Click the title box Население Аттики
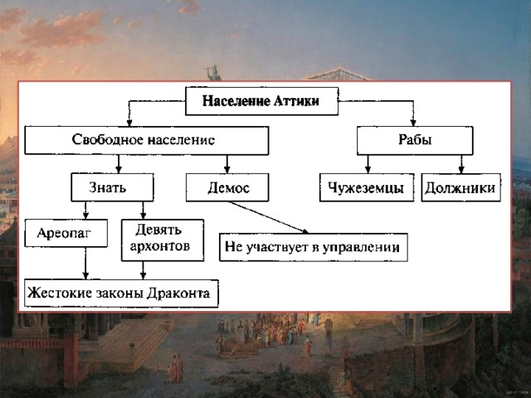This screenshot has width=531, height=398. (x=262, y=101)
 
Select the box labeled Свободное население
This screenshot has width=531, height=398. (x=147, y=140)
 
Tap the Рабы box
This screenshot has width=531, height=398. (x=415, y=140)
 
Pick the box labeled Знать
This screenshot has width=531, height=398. (x=112, y=187)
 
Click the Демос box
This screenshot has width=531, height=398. (x=227, y=187)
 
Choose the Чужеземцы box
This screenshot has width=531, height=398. (x=367, y=187)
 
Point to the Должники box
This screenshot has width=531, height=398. (x=461, y=187)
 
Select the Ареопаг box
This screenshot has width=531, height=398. (x=66, y=233)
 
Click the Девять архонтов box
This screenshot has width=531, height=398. (x=163, y=240)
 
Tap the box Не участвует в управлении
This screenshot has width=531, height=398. (x=314, y=247)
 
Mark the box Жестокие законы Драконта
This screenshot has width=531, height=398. (x=121, y=294)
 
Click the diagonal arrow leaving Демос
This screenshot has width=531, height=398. (x=269, y=217)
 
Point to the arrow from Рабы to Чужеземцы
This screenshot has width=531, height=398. (x=368, y=164)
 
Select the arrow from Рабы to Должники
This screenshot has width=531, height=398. (x=461, y=164)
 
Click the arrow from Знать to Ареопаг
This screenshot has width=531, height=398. (x=85, y=210)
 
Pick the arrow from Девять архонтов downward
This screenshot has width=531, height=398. (x=143, y=270)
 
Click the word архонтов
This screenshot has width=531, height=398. (x=160, y=247)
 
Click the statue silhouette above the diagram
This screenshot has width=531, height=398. (x=213, y=73)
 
